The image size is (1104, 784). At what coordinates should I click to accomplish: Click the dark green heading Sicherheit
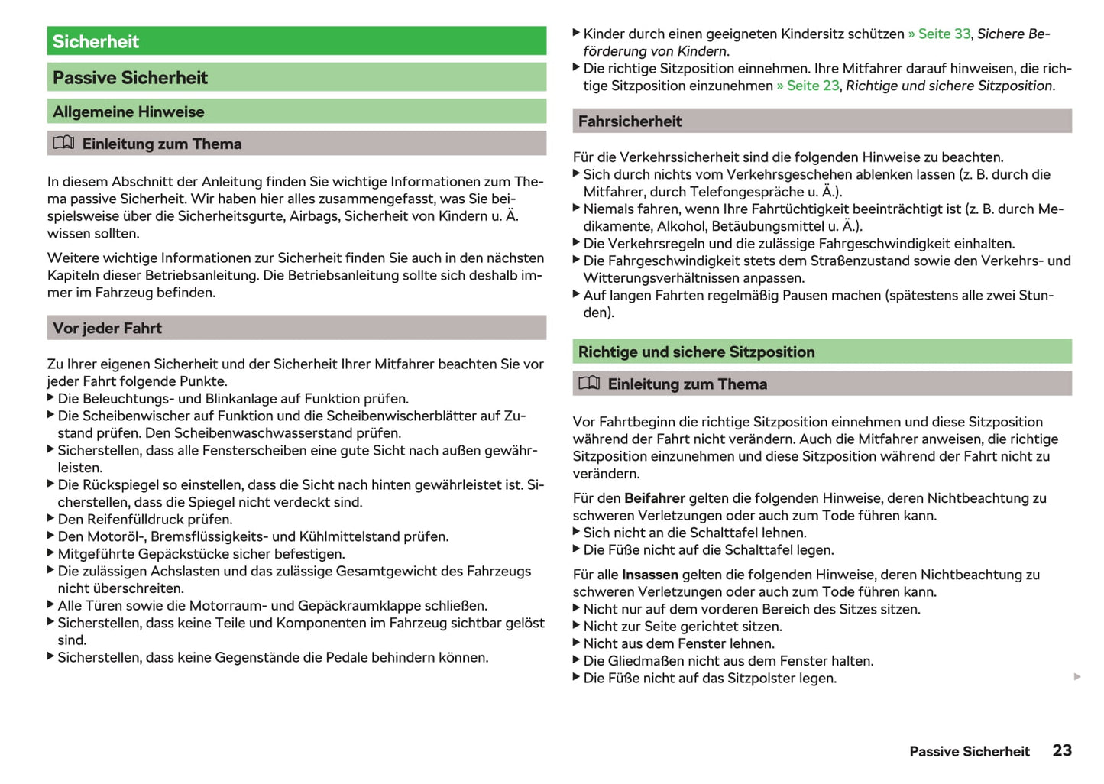pos(96,41)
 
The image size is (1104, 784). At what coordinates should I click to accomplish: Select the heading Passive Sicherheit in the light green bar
pos(130,77)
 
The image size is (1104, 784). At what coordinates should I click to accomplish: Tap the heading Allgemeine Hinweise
pos(128,112)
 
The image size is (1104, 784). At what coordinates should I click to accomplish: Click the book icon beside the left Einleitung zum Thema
pos(63,143)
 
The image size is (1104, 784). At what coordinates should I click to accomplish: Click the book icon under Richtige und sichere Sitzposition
pos(589,383)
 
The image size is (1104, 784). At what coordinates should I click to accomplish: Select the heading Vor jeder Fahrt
pos(107,328)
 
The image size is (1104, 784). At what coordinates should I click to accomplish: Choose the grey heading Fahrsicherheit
pos(630,121)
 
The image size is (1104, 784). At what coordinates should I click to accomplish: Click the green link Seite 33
pos(944,34)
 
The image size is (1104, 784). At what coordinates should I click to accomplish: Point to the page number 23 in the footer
pos(1061,750)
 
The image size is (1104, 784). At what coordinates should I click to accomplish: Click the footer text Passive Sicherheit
pos(969,751)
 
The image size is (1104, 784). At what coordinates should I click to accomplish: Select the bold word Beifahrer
pos(654,498)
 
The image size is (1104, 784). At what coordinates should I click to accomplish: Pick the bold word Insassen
pos(649,575)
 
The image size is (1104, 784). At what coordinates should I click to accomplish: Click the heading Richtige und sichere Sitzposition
pos(696,352)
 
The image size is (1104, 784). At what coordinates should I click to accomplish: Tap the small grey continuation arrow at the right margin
pos(1077,676)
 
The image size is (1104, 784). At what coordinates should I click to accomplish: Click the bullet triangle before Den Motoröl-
pos(50,536)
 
